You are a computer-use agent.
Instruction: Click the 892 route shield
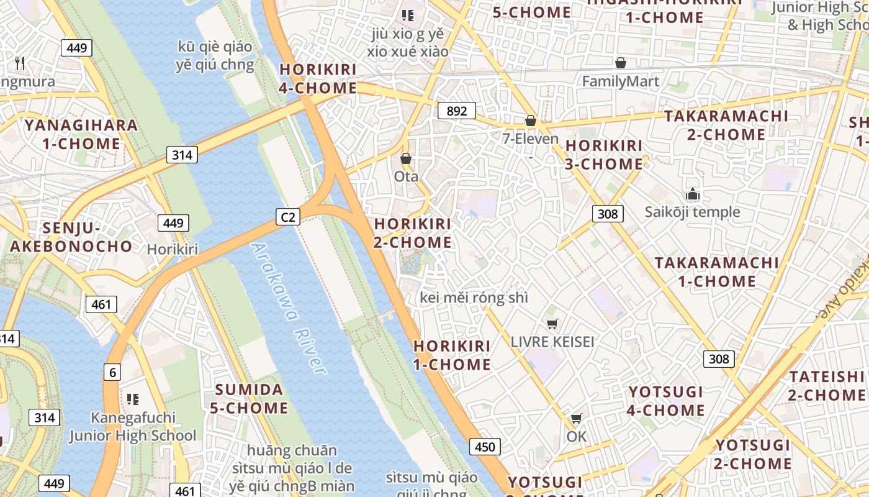click(x=456, y=111)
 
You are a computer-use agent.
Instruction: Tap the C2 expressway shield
click(x=287, y=217)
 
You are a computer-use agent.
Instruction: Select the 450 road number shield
click(x=485, y=447)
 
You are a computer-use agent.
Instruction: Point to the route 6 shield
click(x=112, y=372)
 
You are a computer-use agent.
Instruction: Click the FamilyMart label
click(x=620, y=81)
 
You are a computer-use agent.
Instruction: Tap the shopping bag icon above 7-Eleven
click(x=530, y=121)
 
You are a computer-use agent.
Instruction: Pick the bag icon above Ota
click(x=406, y=159)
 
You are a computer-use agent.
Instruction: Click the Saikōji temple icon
click(x=692, y=194)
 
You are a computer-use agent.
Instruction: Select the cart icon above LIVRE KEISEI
click(x=552, y=324)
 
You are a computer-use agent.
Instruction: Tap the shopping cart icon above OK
click(x=576, y=419)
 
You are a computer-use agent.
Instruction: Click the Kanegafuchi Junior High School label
click(x=133, y=426)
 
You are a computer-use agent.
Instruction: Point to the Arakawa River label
click(x=288, y=308)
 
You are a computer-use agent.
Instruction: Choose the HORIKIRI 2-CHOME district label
click(x=413, y=233)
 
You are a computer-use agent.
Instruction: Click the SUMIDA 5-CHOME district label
click(x=251, y=399)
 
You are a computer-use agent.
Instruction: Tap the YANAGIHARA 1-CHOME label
click(x=81, y=134)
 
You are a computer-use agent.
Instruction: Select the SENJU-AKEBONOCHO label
click(x=71, y=237)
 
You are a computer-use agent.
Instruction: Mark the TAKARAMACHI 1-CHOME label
click(x=716, y=272)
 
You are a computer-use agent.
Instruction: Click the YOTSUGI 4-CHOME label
click(x=666, y=401)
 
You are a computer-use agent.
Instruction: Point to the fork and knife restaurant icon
click(x=20, y=63)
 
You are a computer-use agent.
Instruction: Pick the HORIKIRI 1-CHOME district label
click(x=452, y=355)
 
